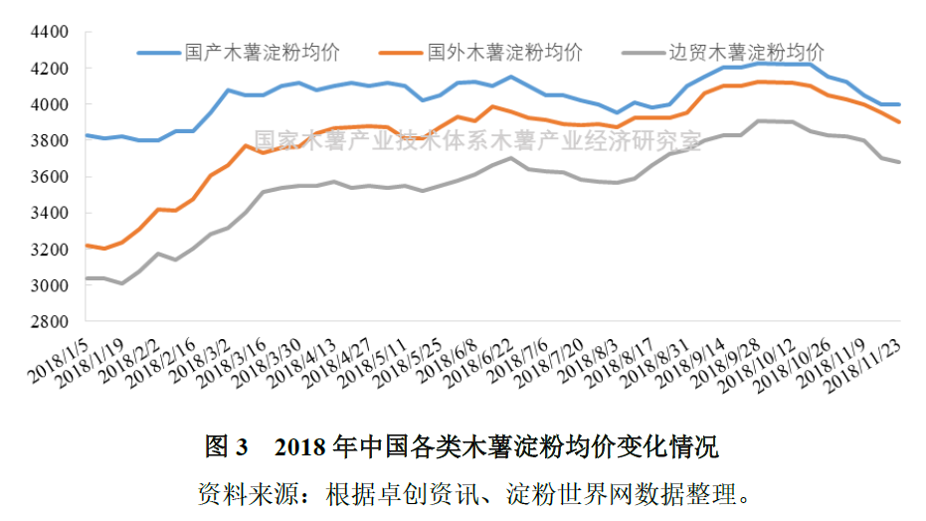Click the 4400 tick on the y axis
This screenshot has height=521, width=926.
[x=50, y=32]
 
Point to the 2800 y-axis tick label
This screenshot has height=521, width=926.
[x=50, y=322]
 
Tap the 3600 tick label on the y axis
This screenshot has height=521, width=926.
[x=50, y=177]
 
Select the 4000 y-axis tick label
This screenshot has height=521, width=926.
[x=50, y=104]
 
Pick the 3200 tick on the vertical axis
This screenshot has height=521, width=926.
[x=50, y=250]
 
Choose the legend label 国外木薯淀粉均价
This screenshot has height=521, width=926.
[x=505, y=51]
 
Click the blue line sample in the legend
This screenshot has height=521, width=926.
[x=157, y=52]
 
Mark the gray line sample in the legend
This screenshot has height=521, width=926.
[x=642, y=52]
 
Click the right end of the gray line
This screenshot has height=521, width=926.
[x=900, y=162]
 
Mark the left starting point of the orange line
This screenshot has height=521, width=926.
[x=86, y=245]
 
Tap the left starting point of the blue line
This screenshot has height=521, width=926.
[x=86, y=135]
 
